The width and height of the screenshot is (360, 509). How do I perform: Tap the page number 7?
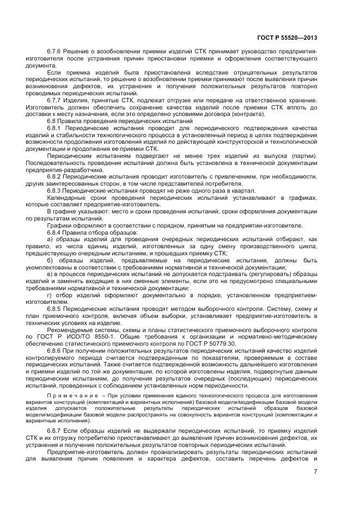coord(315,471)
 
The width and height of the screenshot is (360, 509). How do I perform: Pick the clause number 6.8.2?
coord(56,177)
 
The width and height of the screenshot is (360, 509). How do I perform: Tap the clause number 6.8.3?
coord(56,191)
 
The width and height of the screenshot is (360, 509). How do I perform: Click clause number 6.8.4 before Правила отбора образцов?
coord(56,233)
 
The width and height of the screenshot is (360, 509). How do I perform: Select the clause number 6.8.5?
coord(56,308)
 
